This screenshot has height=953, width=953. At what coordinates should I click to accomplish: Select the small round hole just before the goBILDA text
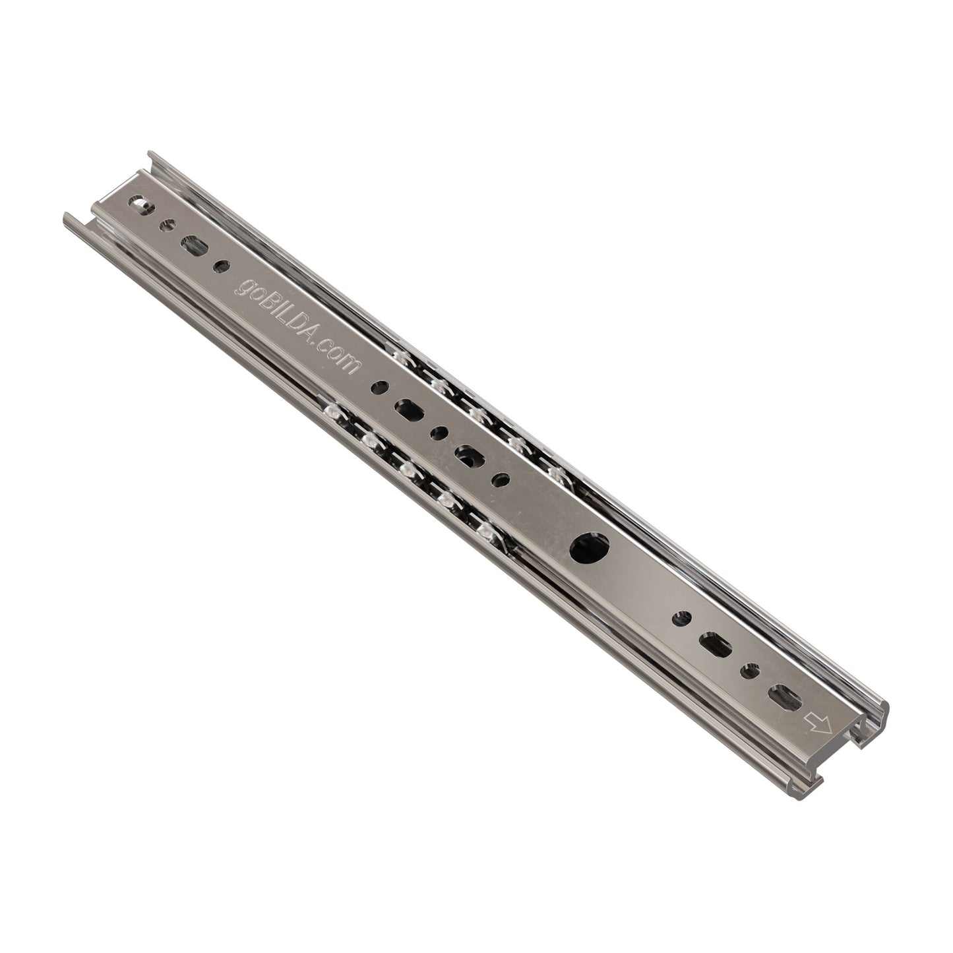(221, 266)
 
